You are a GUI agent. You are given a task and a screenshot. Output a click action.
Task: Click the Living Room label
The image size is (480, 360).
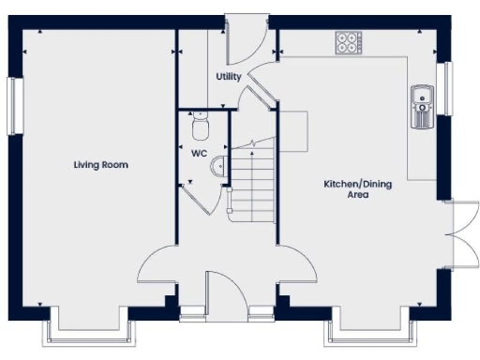(101, 165)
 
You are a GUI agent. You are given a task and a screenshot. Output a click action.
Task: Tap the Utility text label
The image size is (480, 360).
(229, 76)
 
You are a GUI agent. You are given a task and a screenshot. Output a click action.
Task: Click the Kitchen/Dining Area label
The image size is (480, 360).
(358, 189)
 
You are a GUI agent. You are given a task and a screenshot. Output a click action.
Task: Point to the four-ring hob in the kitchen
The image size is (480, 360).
(348, 42)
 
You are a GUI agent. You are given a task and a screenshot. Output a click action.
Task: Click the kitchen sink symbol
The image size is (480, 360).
(421, 105)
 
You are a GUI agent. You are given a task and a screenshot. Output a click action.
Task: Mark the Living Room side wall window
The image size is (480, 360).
(14, 104)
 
